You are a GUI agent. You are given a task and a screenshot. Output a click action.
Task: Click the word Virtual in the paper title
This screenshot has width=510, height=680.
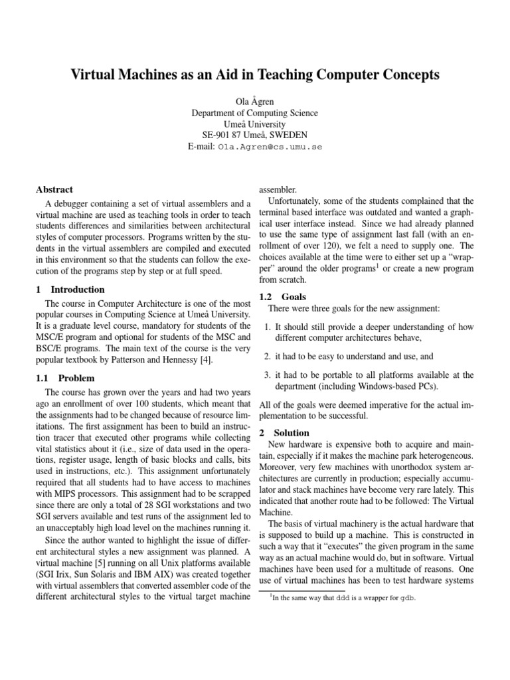tap(94, 75)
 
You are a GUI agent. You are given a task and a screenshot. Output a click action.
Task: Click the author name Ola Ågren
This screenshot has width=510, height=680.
tap(255, 101)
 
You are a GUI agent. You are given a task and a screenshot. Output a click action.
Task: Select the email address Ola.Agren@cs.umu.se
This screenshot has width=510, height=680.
tap(269, 147)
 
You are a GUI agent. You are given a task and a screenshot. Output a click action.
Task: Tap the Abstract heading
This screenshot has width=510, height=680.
tap(54, 189)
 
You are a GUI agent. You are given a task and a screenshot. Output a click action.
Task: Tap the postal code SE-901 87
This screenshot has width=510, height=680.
tap(225, 135)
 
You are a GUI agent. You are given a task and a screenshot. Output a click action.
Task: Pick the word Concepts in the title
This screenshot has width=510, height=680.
tap(407, 75)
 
